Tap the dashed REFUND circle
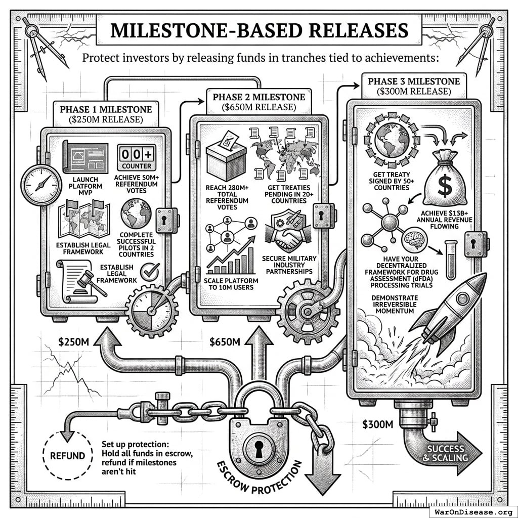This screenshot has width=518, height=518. (67, 455)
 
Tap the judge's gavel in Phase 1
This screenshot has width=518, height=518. (91, 283)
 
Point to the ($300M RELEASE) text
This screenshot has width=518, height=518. (414, 92)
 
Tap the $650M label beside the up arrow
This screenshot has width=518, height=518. (225, 342)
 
